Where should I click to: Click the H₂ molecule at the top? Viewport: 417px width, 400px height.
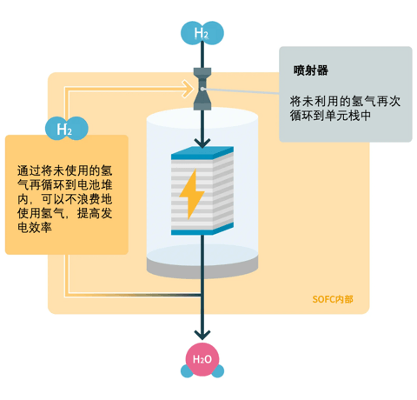click(202, 33)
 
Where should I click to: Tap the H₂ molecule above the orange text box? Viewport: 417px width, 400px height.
click(67, 129)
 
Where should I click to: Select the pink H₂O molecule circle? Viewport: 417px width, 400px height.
click(202, 359)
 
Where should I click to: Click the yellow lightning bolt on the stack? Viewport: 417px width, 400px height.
click(192, 194)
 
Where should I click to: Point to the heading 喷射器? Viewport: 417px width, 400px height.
click(311, 70)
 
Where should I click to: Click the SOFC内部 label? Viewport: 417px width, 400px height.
click(333, 299)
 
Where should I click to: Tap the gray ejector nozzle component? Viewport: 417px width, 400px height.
click(202, 89)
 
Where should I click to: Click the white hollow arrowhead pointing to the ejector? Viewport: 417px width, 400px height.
click(188, 89)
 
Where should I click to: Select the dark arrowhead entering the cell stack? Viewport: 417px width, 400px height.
click(202, 143)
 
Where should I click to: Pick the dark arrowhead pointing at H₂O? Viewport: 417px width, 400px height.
click(202, 335)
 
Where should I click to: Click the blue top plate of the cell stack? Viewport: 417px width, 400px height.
click(202, 152)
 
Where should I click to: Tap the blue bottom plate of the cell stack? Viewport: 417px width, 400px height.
click(202, 230)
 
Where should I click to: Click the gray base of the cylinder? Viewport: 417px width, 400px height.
click(202, 268)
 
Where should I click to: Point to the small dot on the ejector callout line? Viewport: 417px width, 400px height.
click(203, 89)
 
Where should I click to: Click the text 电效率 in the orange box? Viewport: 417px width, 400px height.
click(35, 227)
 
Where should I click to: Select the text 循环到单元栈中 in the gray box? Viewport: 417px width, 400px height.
click(330, 116)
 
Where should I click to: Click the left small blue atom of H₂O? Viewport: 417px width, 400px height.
click(187, 371)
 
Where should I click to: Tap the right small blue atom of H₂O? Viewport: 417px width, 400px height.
click(218, 371)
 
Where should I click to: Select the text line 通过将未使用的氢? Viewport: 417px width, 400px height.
click(64, 170)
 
